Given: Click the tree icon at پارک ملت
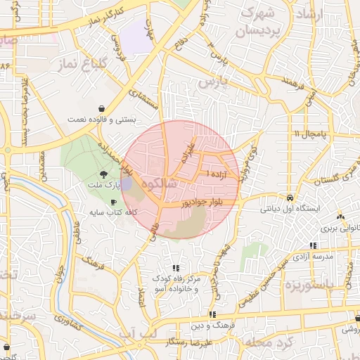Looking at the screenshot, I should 104,174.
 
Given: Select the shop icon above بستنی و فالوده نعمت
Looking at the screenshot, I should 103,109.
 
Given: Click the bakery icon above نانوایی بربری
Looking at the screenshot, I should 341,218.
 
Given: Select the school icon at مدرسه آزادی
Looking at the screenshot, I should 313,245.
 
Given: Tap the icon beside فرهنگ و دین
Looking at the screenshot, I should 211,314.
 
